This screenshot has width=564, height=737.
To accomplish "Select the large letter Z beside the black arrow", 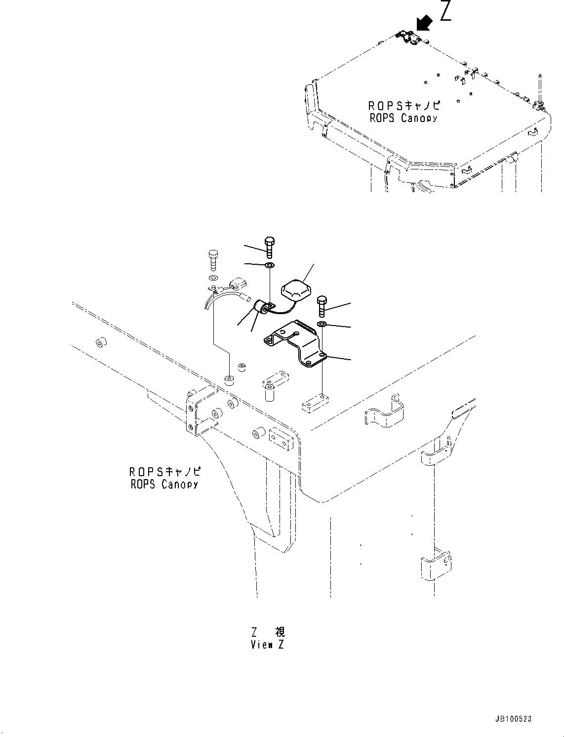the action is tap(445, 11).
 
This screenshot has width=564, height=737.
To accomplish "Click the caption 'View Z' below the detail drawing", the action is tap(267, 645).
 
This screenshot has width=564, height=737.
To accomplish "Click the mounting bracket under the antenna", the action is tap(295, 343).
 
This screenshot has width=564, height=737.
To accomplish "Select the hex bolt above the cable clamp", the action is tap(270, 247).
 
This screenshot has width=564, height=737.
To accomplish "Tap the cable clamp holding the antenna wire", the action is tap(264, 307).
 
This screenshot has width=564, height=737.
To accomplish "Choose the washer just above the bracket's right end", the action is tap(322, 324).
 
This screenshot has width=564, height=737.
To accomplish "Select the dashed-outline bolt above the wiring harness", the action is tap(213, 259).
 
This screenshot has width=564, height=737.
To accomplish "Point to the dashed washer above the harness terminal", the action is tap(212, 278).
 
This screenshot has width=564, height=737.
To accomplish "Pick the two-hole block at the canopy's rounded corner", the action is tap(279, 439).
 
